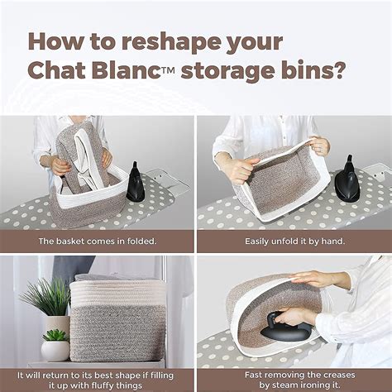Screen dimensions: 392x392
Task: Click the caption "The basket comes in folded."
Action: [x=97, y=241]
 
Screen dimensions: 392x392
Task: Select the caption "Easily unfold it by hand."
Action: [x=294, y=241]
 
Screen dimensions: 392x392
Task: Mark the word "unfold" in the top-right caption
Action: [x=280, y=241]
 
